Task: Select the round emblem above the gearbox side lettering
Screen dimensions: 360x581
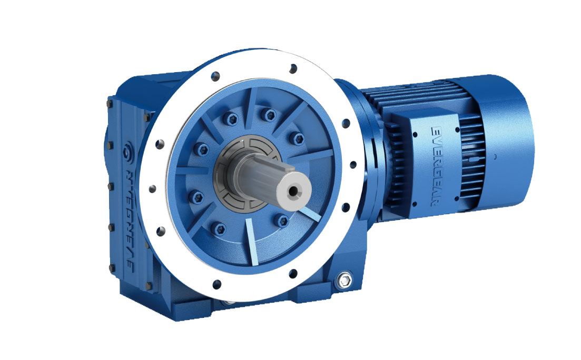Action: (x=126, y=154)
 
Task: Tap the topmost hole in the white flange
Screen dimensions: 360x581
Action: (x=293, y=67)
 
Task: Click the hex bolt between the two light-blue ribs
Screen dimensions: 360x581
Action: (x=283, y=219)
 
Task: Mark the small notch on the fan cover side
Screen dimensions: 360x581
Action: (x=496, y=157)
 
